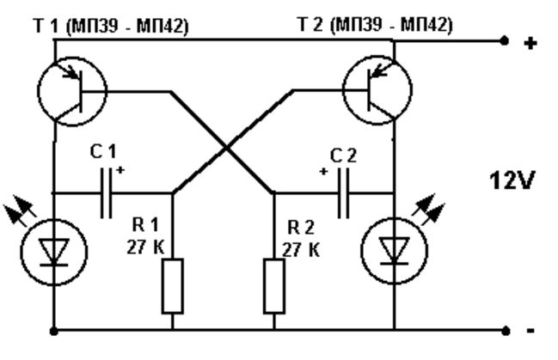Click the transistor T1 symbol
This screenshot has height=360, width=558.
[x=72, y=91]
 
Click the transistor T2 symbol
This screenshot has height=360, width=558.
[x=377, y=90]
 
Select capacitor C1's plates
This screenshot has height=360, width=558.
[x=107, y=193]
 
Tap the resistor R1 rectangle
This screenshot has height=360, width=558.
[x=173, y=286]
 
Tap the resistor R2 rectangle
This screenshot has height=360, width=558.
[x=274, y=286]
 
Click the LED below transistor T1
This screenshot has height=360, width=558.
[x=54, y=252]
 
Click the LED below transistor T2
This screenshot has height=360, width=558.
[x=394, y=251]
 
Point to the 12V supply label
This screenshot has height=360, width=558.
[x=512, y=180]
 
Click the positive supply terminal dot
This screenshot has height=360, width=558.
[x=505, y=41]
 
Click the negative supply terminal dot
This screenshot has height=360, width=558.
[x=506, y=331]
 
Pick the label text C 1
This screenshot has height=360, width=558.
[x=103, y=151]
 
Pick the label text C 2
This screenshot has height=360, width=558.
[x=343, y=156]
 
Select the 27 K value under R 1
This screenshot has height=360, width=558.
[x=145, y=247]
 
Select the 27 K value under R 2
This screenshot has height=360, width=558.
[x=301, y=250]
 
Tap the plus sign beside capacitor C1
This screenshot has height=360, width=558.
[x=120, y=170]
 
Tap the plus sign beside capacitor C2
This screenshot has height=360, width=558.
[x=323, y=172]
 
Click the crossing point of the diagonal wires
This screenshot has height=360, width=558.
[x=226, y=147]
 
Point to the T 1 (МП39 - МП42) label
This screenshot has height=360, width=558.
[x=111, y=26]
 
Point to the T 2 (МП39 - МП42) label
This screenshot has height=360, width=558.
[x=375, y=25]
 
